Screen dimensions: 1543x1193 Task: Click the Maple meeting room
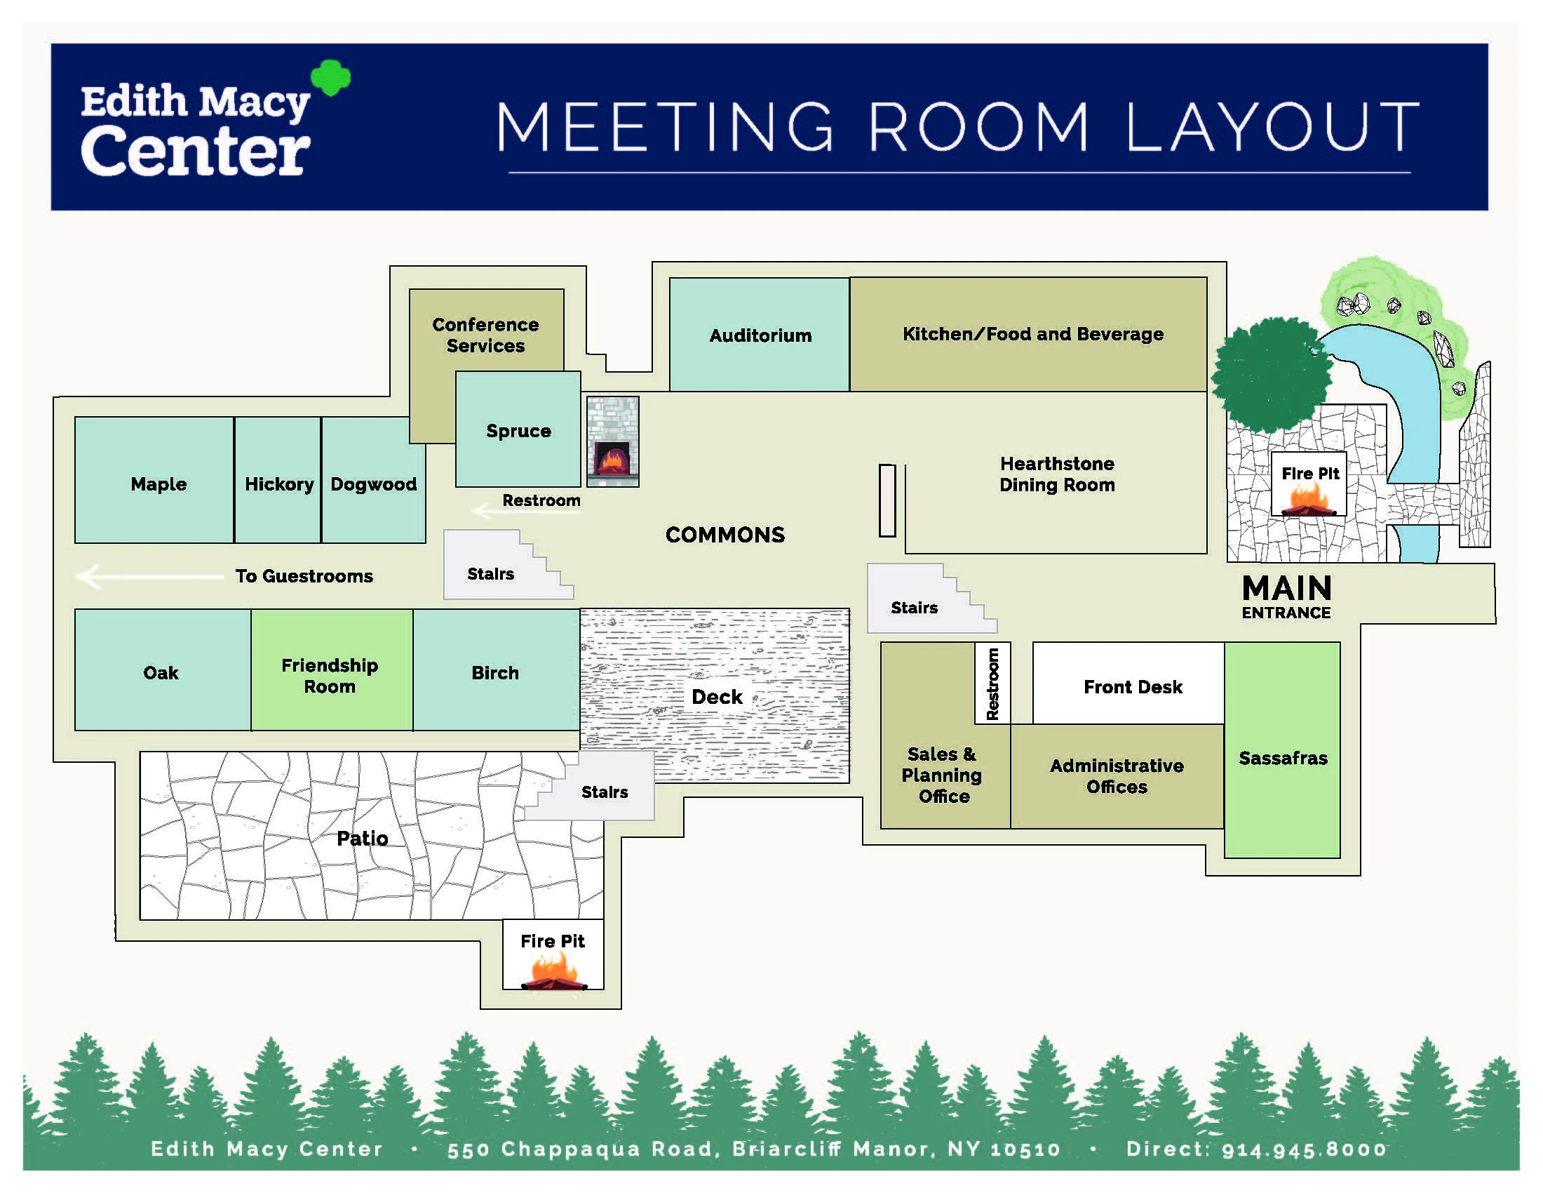click(x=154, y=480)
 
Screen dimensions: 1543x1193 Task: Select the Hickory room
click(x=278, y=480)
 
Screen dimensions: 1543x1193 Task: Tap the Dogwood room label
click(x=374, y=484)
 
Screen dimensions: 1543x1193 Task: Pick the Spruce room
click(x=518, y=429)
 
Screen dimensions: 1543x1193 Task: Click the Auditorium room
click(x=760, y=334)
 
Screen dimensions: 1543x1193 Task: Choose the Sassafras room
click(x=1282, y=750)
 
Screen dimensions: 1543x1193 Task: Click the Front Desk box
click(x=1128, y=683)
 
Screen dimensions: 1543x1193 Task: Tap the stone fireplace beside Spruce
click(x=612, y=441)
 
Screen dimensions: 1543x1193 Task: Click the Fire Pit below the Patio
click(x=553, y=955)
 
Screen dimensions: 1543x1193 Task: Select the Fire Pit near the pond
click(x=1309, y=484)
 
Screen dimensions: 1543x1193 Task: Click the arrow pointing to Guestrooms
click(x=150, y=577)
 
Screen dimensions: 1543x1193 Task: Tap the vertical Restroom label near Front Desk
click(x=992, y=684)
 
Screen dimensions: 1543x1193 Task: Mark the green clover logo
click(x=331, y=77)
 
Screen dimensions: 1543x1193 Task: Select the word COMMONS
click(x=725, y=535)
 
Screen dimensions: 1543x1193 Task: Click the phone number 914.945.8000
click(x=1305, y=1149)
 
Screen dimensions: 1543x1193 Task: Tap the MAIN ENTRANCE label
click(x=1286, y=596)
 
